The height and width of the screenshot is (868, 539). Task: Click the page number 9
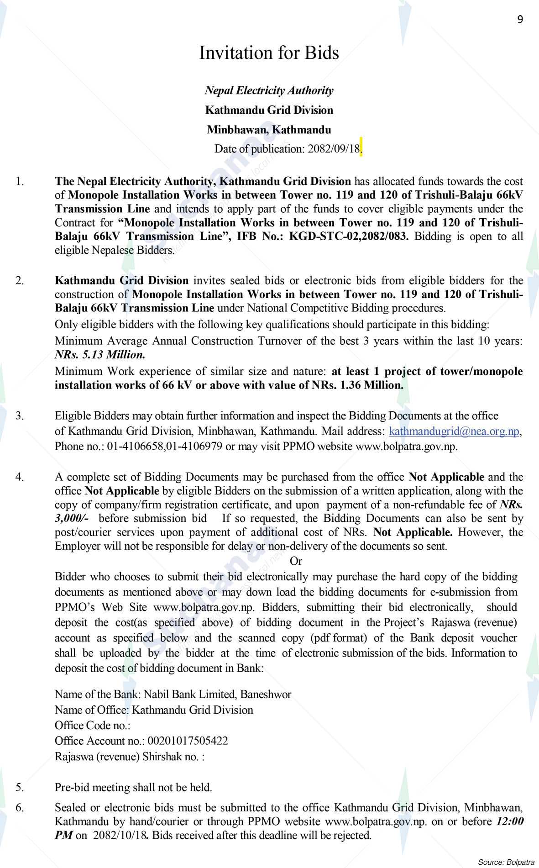point(520,19)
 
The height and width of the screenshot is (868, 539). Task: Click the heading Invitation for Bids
point(269,53)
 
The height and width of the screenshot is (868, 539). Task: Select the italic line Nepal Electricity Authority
point(269,90)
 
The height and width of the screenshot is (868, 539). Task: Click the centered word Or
point(296,561)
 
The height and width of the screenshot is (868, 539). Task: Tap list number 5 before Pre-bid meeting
point(20,787)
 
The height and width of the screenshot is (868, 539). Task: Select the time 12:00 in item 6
point(509,822)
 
